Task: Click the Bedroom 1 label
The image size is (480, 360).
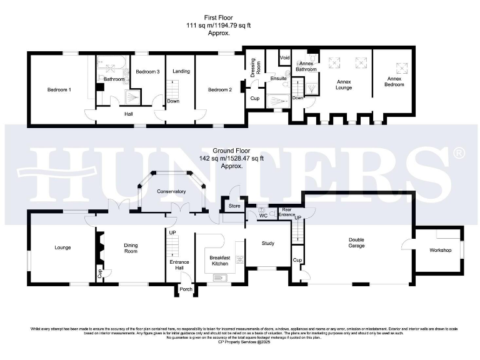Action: coord(59,90)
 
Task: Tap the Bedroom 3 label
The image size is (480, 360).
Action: coord(148,72)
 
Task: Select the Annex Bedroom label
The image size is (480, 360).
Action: coord(393,82)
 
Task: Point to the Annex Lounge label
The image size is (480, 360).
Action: coord(344,84)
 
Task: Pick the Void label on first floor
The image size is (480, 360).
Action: coord(284,58)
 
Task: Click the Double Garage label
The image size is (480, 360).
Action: coord(357,242)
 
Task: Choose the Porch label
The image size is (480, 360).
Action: coord(186,289)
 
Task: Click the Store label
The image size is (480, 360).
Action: coord(234,205)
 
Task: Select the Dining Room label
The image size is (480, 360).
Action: coord(131,247)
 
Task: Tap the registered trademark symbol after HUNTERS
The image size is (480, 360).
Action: coord(458,152)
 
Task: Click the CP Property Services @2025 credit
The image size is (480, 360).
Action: coord(240,342)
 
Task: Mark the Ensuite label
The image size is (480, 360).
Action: coord(278,79)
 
